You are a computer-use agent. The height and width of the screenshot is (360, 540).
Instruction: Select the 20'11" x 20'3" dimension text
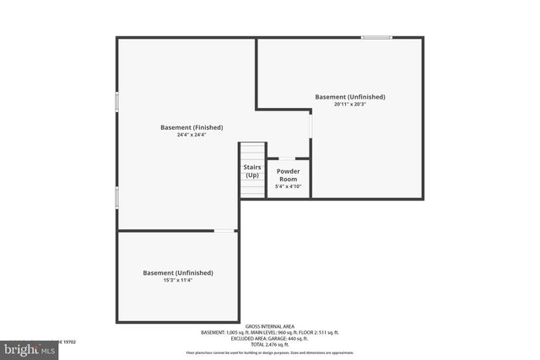click(350, 105)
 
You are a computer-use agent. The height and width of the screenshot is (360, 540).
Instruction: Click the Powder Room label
click(288, 175)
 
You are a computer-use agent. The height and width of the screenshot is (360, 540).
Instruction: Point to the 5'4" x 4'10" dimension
click(288, 186)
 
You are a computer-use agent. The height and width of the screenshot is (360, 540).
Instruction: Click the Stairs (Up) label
click(252, 171)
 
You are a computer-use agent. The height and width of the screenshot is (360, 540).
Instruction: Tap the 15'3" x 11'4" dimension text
click(177, 280)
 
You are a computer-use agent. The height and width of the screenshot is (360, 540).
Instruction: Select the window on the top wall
click(376, 37)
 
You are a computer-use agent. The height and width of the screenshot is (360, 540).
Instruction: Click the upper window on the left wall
click(117, 100)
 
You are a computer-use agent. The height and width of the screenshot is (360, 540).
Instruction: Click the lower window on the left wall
click(117, 197)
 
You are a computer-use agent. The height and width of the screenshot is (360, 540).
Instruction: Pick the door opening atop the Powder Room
click(287, 158)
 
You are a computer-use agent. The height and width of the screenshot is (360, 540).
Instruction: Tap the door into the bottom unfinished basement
click(224, 230)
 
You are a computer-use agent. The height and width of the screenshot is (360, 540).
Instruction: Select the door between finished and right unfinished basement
click(310, 124)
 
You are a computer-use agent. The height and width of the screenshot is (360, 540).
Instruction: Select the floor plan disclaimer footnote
click(270, 352)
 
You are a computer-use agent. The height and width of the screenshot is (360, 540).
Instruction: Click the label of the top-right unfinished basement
click(350, 97)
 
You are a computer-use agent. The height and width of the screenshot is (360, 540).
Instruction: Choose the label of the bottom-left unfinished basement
click(177, 272)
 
